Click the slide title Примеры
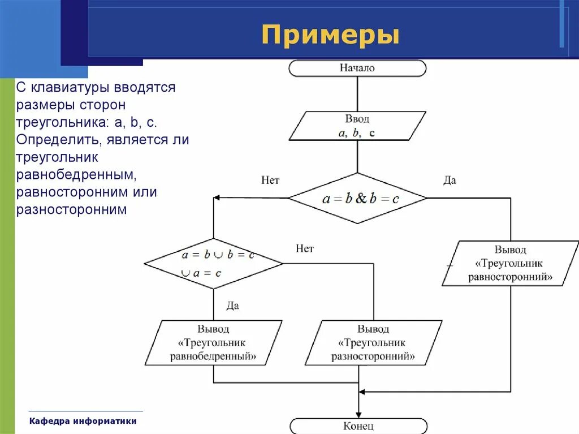point(330,35)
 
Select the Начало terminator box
point(357,68)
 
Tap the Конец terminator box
point(358,426)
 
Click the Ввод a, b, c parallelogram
point(357,126)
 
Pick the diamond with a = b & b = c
point(357,198)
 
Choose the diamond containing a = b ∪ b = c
point(214,264)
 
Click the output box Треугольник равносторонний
point(510,264)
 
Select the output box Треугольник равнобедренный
point(213,343)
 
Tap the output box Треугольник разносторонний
point(373,343)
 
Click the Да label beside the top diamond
point(450,181)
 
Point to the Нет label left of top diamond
point(270,181)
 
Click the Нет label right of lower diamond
point(304,248)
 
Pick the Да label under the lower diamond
point(232,306)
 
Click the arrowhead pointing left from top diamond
point(217,198)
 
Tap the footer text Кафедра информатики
point(83,421)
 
